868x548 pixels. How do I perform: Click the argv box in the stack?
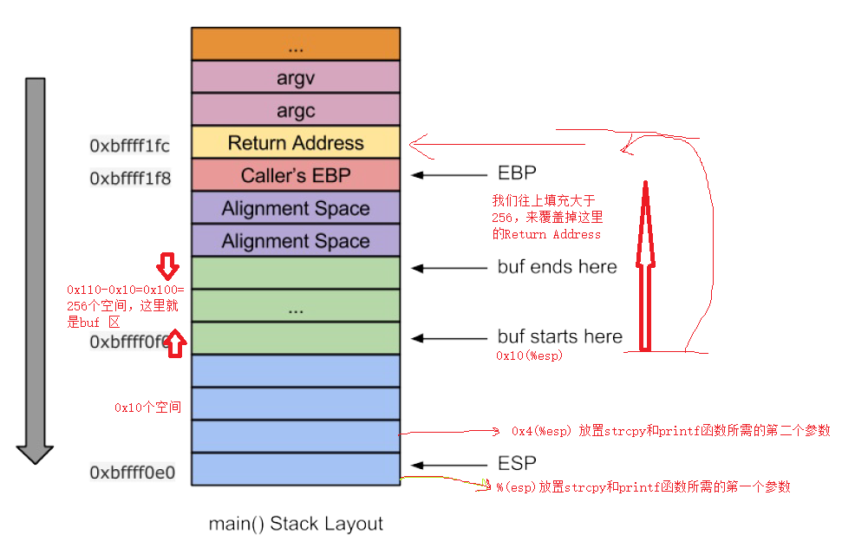click(x=296, y=77)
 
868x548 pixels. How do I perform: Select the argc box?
click(x=296, y=110)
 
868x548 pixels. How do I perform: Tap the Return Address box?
click(x=296, y=143)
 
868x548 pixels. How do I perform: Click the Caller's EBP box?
click(x=296, y=175)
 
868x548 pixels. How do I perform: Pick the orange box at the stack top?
click(x=296, y=43)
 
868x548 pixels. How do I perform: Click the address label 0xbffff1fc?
click(x=130, y=146)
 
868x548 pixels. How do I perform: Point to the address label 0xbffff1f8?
click(x=130, y=179)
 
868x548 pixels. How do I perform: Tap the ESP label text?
click(x=517, y=463)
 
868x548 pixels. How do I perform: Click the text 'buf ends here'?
click(x=557, y=267)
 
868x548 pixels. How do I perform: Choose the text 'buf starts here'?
click(x=559, y=336)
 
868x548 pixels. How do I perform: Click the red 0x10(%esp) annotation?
click(x=529, y=356)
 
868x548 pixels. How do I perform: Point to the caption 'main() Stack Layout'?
click(x=296, y=524)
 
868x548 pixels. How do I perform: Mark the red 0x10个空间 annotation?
click(x=147, y=407)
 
